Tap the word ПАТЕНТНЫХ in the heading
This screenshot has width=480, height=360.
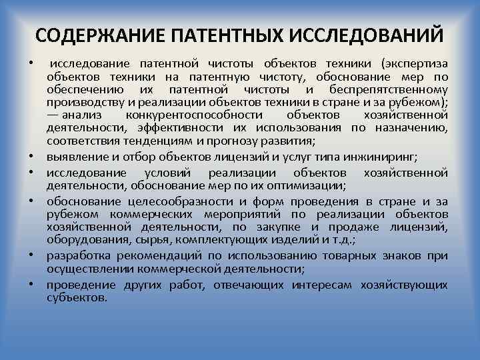coord(213,35)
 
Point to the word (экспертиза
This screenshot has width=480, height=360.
coord(414,65)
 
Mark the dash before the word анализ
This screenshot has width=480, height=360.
coord(53,115)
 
